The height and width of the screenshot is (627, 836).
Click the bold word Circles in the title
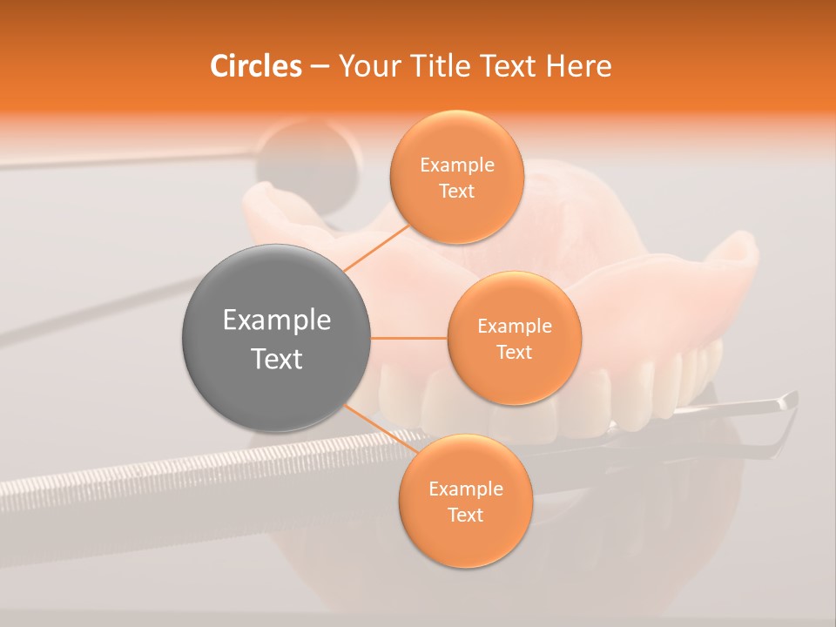point(255,66)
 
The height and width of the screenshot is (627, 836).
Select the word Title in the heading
point(435,66)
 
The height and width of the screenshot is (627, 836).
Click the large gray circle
point(276,338)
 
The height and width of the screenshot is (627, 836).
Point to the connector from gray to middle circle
point(408,338)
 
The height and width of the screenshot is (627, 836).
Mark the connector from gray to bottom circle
point(381,432)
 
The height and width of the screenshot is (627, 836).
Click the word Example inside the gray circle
point(276,320)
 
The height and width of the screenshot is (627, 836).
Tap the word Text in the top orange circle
point(456,191)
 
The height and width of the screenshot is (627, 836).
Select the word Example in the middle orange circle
point(514,327)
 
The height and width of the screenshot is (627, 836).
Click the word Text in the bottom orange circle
point(465,515)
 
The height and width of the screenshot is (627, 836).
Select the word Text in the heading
point(506,66)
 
